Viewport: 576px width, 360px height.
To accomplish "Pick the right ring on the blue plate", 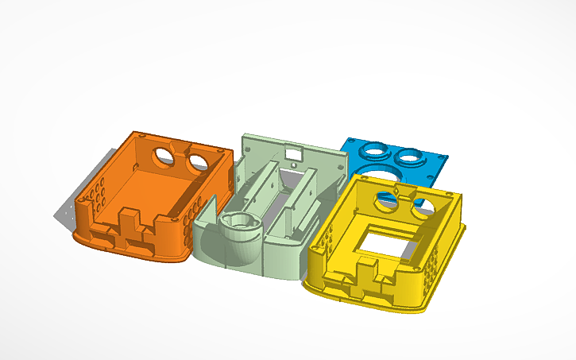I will (x=412, y=155).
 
